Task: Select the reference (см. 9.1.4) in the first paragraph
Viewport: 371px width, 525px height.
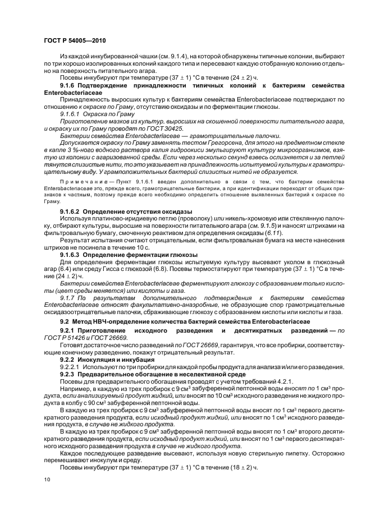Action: pyautogui.click(x=152, y=56)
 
